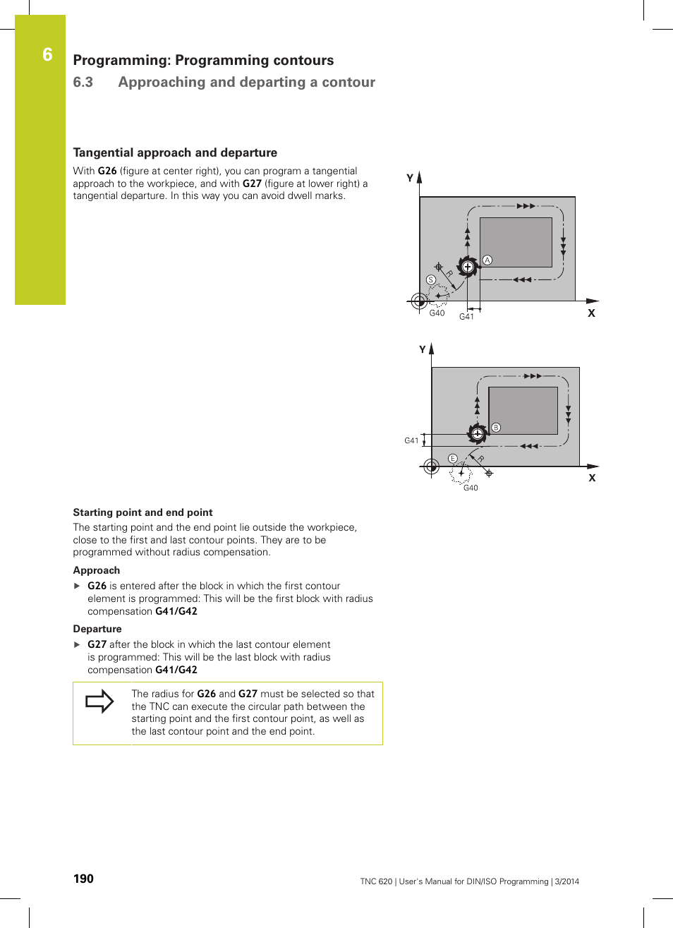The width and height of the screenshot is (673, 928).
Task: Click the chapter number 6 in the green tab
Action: point(47,55)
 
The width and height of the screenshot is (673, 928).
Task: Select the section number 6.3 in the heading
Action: point(83,83)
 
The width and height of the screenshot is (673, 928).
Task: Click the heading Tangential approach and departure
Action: point(175,152)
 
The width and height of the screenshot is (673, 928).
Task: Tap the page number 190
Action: point(83,879)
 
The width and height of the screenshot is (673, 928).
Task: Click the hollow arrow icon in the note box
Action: point(99,701)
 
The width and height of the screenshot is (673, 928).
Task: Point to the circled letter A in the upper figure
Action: point(487,260)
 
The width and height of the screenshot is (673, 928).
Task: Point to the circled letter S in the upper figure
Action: point(431,280)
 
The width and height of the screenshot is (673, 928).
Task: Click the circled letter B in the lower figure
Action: point(496,428)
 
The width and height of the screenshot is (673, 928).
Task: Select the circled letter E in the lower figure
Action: point(453,459)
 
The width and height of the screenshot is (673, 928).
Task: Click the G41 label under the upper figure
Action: point(466,317)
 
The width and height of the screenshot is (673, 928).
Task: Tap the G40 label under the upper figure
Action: point(437,313)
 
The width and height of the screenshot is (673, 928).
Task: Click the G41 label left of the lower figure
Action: point(411,440)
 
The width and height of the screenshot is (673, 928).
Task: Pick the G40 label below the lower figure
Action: point(471,488)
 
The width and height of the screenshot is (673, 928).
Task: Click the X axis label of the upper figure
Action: point(591,313)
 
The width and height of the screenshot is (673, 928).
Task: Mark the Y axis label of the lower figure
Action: point(423,349)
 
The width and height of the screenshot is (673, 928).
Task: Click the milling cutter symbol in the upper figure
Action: point(468,267)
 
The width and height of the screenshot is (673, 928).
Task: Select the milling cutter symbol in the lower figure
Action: point(478,433)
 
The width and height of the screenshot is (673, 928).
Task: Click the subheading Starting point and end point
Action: point(143,512)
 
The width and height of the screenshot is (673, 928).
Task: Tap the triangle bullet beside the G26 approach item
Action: point(78,586)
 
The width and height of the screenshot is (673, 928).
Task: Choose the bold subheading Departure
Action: point(97,629)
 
